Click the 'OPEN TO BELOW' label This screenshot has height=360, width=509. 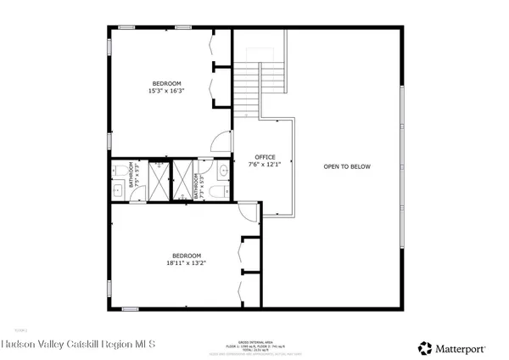pyautogui.click(x=347, y=166)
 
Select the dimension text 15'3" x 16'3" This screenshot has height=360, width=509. pyautogui.click(x=165, y=90)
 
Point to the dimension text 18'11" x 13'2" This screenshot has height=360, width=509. pyautogui.click(x=187, y=263)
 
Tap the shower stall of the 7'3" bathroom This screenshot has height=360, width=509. pyautogui.click(x=182, y=180)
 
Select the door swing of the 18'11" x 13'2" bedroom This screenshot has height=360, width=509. pyautogui.click(x=247, y=211)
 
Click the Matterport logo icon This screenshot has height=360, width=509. pyautogui.click(x=423, y=346)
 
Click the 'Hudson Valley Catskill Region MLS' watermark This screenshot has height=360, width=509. pyautogui.click(x=77, y=345)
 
